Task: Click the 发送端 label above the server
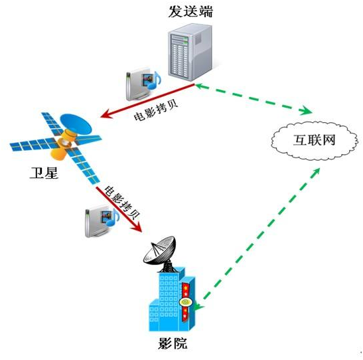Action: [190, 11]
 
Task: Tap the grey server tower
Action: [190, 52]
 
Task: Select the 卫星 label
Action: [44, 173]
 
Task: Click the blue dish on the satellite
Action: [76, 124]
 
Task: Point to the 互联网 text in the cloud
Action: [315, 140]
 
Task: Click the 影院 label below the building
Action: [173, 343]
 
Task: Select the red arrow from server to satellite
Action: [147, 100]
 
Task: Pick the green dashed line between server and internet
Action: [254, 99]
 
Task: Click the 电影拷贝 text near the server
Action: [156, 110]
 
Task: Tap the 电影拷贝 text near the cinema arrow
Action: [121, 202]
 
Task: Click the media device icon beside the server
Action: [143, 84]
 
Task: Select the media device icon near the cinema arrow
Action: [102, 221]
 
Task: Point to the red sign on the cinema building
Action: [185, 302]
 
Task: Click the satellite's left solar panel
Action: [33, 145]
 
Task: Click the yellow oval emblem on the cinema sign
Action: [185, 302]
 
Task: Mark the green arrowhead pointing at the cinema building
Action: [197, 307]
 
